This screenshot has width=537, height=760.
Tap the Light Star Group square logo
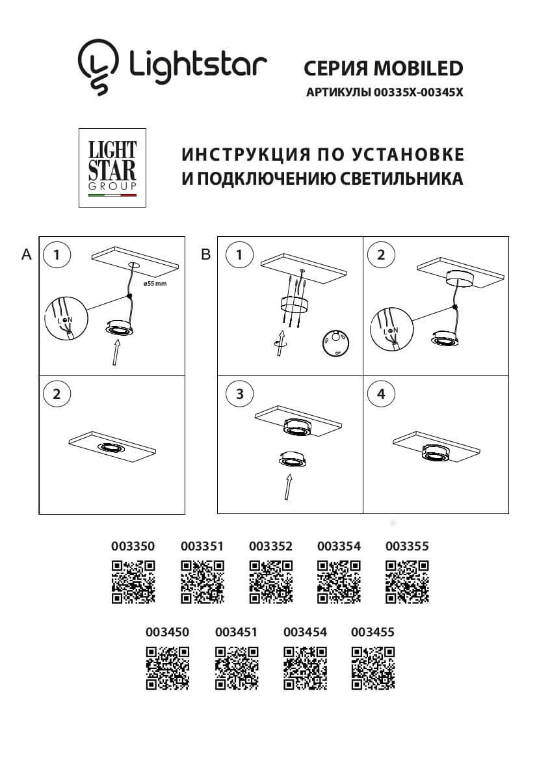[112, 168]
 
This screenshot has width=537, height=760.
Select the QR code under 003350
[133, 581]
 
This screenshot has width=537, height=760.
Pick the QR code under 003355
[407, 581]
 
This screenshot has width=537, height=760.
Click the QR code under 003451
[236, 668]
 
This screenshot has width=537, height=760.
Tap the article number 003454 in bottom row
[306, 632]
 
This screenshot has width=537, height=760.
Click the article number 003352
[270, 546]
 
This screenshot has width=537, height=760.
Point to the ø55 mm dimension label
[156, 284]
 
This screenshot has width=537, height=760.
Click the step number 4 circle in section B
[381, 393]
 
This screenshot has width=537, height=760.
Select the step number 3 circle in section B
[240, 393]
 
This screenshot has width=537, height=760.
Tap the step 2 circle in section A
[57, 393]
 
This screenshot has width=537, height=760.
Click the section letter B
[206, 255]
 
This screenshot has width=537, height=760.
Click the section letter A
[27, 254]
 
